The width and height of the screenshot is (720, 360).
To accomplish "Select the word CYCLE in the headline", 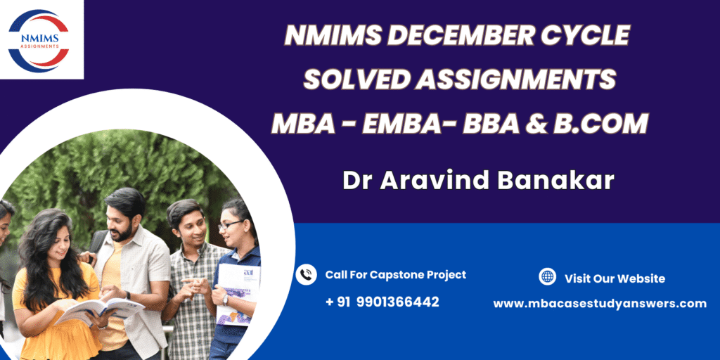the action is click(x=586, y=35).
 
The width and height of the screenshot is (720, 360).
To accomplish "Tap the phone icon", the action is click(x=306, y=275).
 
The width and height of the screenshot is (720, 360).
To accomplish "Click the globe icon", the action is click(x=547, y=276).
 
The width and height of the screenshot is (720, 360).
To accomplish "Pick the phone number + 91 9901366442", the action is click(x=382, y=302).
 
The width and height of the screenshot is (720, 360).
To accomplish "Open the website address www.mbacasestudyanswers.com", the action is click(x=600, y=304).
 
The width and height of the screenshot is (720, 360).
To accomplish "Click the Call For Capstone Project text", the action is click(x=396, y=275).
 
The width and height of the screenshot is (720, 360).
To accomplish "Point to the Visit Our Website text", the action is click(x=615, y=278).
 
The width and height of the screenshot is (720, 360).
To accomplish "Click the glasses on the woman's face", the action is click(x=230, y=225).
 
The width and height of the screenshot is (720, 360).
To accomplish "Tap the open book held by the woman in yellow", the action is click(x=99, y=309).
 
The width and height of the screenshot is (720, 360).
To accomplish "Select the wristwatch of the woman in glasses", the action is click(x=225, y=300).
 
